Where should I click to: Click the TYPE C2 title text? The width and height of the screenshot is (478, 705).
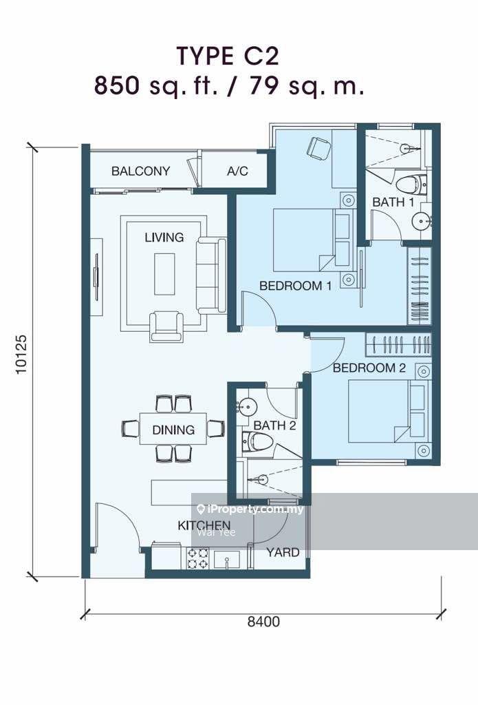pyautogui.click(x=228, y=56)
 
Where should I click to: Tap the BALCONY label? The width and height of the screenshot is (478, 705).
pyautogui.click(x=140, y=171)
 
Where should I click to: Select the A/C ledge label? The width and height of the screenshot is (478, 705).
pyautogui.click(x=237, y=171)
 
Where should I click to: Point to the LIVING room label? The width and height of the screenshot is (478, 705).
pyautogui.click(x=164, y=237)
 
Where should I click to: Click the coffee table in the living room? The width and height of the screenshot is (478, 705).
pyautogui.click(x=164, y=274)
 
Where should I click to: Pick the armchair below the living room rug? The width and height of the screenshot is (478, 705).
pyautogui.click(x=166, y=326)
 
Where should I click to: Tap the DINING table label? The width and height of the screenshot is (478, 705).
pyautogui.click(x=173, y=430)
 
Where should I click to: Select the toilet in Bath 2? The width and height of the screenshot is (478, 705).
pyautogui.click(x=257, y=442)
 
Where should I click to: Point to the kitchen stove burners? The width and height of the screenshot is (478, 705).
pyautogui.click(x=197, y=558)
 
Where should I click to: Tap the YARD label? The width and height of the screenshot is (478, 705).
pyautogui.click(x=283, y=552)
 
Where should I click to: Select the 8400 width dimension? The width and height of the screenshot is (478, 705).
pyautogui.click(x=263, y=622)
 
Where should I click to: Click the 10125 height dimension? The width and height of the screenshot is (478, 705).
pyautogui.click(x=21, y=354)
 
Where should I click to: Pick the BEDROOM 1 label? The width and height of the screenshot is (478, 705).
pyautogui.click(x=296, y=286)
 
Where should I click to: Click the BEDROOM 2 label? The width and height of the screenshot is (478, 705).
pyautogui.click(x=369, y=368)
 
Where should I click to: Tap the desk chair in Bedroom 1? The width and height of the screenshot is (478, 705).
pyautogui.click(x=319, y=148)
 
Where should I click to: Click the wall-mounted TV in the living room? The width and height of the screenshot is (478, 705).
pyautogui.click(x=96, y=277)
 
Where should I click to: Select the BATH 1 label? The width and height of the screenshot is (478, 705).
pyautogui.click(x=393, y=202)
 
